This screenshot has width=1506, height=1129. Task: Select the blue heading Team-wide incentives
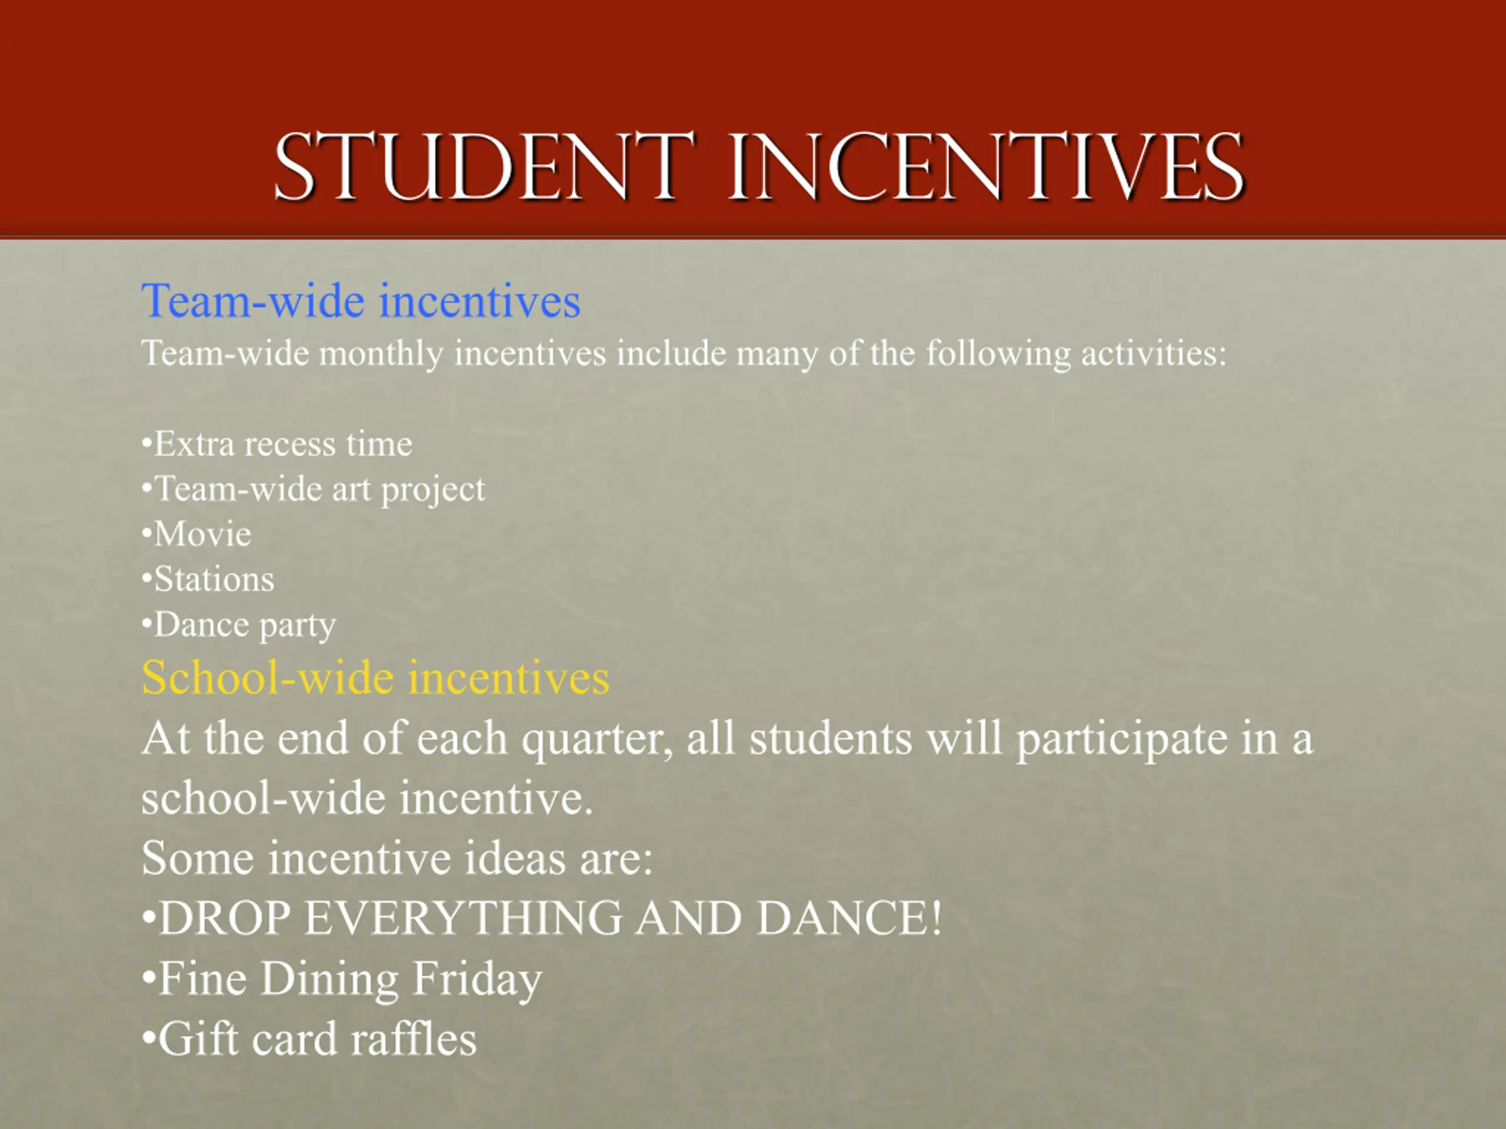click(361, 301)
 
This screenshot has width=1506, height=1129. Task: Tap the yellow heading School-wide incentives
click(375, 678)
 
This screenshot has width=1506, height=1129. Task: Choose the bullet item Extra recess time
click(276, 445)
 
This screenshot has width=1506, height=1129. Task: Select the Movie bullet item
click(196, 534)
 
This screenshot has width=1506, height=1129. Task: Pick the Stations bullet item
click(208, 580)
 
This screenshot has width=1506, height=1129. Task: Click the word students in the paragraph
click(831, 739)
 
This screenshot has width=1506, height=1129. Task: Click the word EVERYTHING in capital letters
click(463, 918)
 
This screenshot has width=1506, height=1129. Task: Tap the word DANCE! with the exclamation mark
click(849, 918)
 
